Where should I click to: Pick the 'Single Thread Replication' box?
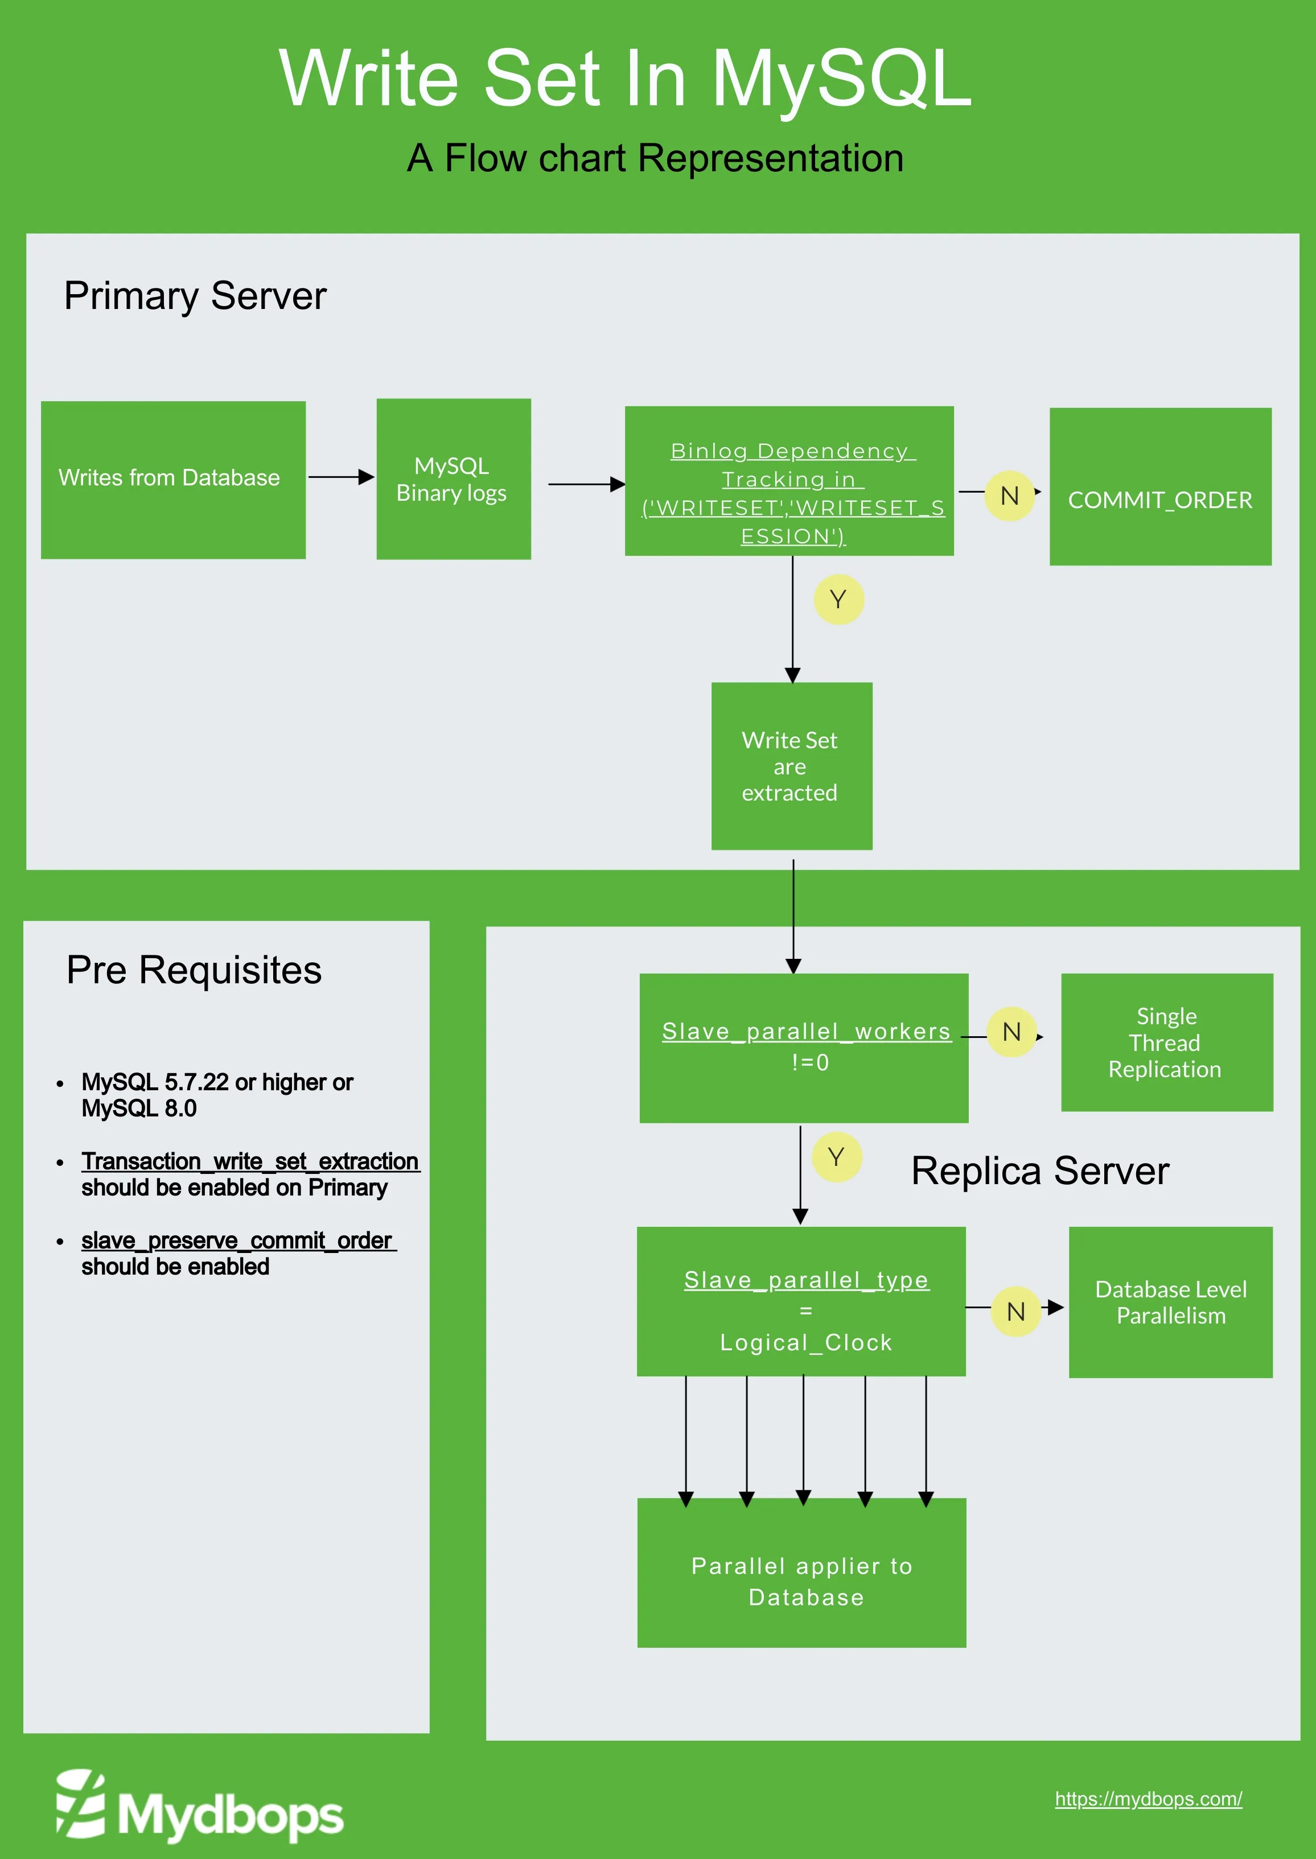point(1166,1042)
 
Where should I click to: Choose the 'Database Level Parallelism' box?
point(1170,1302)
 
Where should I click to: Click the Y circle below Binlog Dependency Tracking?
point(838,599)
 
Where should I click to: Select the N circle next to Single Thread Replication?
point(1011,1032)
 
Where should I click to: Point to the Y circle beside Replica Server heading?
point(836,1157)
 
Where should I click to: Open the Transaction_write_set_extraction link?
point(249,1161)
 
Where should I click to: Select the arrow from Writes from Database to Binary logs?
point(340,477)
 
